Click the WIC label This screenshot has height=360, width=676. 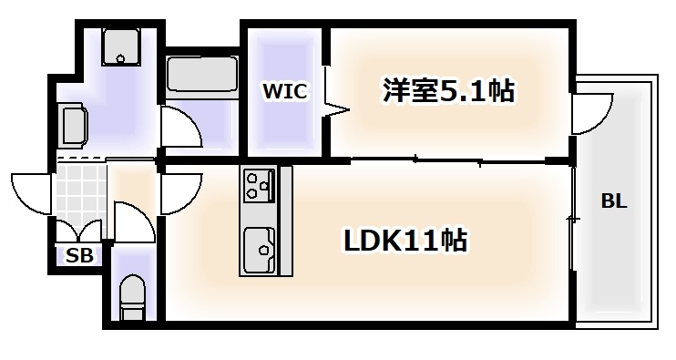pyautogui.click(x=285, y=91)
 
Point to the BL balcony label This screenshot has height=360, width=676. pyautogui.click(x=613, y=201)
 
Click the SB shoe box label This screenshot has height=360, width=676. pyautogui.click(x=79, y=256)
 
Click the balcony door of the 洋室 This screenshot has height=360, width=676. pyautogui.click(x=590, y=111)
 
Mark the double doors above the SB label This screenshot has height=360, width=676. pyautogui.click(x=78, y=232)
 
